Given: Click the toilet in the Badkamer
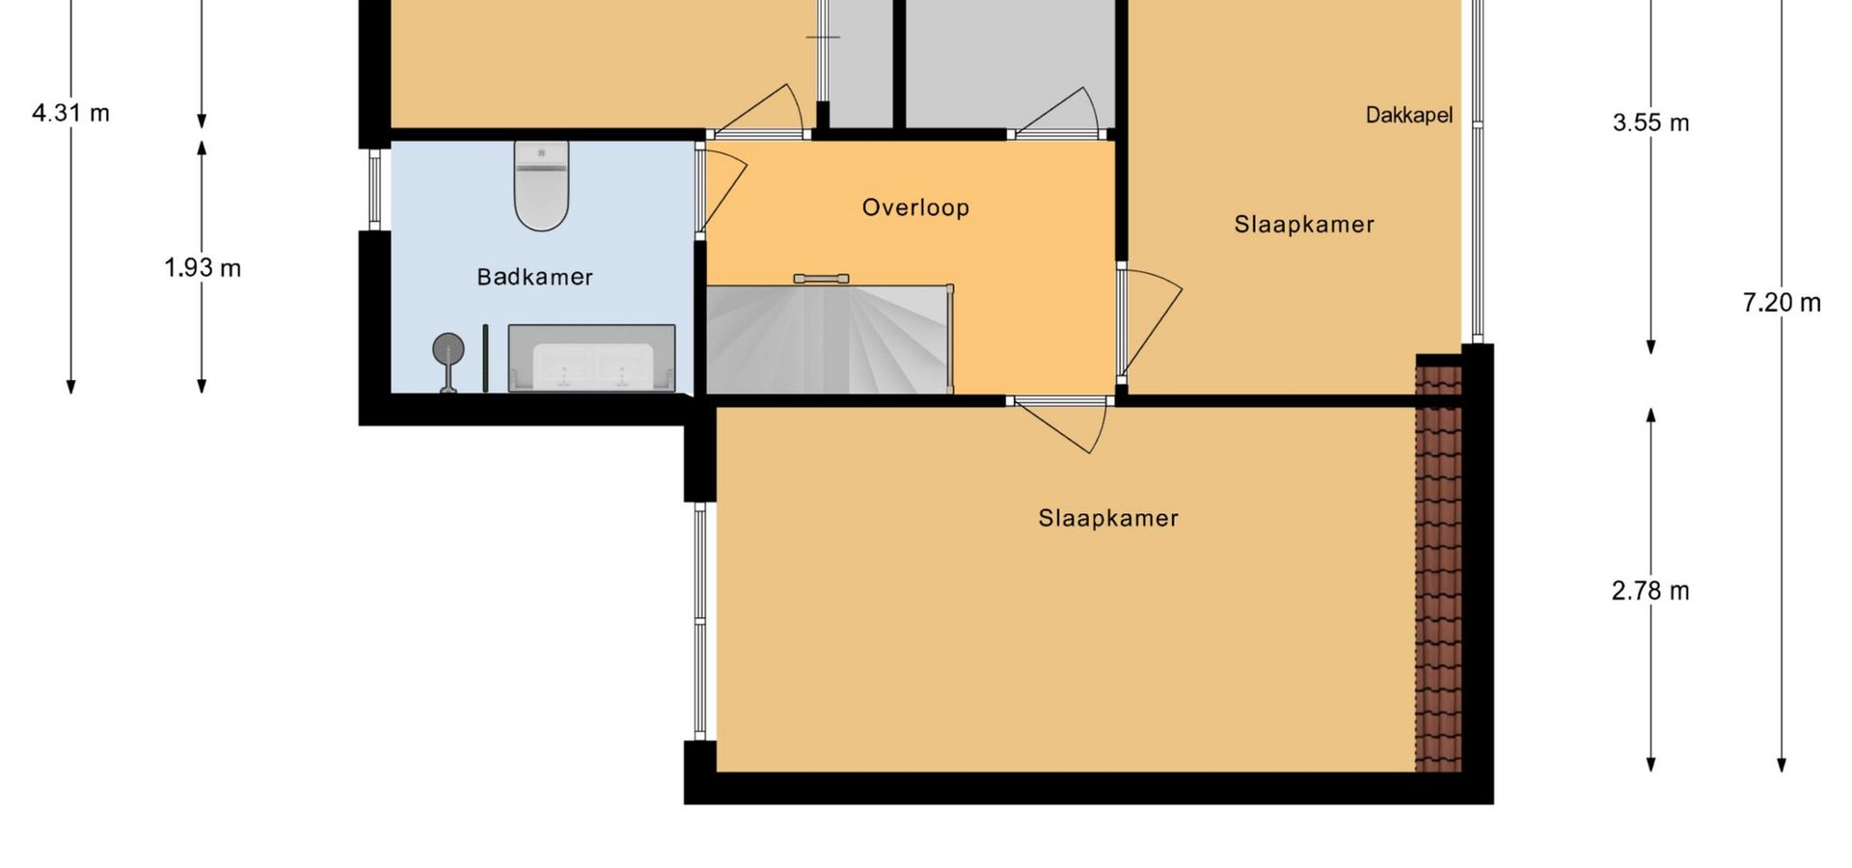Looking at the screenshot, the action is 541,185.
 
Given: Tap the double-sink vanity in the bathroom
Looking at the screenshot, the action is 591,359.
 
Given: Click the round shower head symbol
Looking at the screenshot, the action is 448,349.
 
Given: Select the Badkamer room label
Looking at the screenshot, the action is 534,277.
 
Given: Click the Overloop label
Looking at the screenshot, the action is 915,207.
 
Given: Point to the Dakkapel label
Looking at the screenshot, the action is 1408,115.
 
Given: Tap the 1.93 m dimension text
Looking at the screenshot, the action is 203,268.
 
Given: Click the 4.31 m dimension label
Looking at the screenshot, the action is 71,113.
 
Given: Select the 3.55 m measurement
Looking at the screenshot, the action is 1650,122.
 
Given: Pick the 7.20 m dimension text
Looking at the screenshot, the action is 1782,303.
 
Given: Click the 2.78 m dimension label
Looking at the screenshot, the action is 1650,590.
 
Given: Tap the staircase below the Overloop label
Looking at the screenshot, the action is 830,339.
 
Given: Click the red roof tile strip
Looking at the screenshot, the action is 1438,564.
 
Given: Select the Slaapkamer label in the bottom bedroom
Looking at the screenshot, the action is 1108,518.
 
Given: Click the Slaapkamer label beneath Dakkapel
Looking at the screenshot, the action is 1304,225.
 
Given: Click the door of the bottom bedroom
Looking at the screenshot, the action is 1059,425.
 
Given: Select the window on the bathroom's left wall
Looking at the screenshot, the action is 374,190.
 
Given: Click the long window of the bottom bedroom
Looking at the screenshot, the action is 700,622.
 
